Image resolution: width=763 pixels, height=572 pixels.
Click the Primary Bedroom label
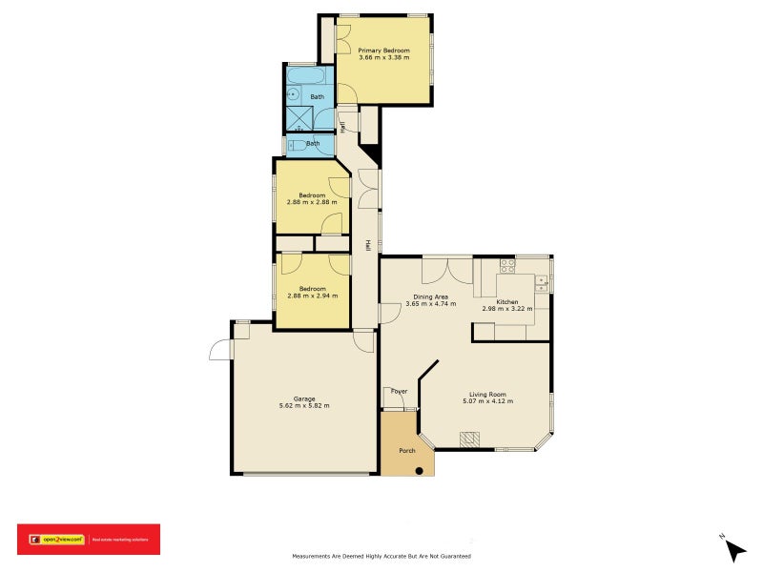tap(384, 50)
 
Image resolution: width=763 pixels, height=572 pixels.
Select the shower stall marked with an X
tap(298, 119)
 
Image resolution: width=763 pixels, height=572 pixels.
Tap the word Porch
tap(406, 450)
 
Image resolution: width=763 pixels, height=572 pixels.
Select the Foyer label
tap(398, 391)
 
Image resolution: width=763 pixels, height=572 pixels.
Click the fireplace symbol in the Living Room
tap(469, 439)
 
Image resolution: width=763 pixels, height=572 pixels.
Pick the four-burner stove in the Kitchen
tap(507, 266)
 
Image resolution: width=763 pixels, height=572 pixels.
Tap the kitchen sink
tap(542, 281)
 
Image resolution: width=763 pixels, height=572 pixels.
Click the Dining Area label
tap(430, 296)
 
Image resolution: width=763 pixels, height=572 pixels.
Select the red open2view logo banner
tap(89, 540)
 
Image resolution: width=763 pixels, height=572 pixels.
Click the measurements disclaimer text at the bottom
tap(381, 556)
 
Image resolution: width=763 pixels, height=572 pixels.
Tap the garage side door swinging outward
tap(220, 350)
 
